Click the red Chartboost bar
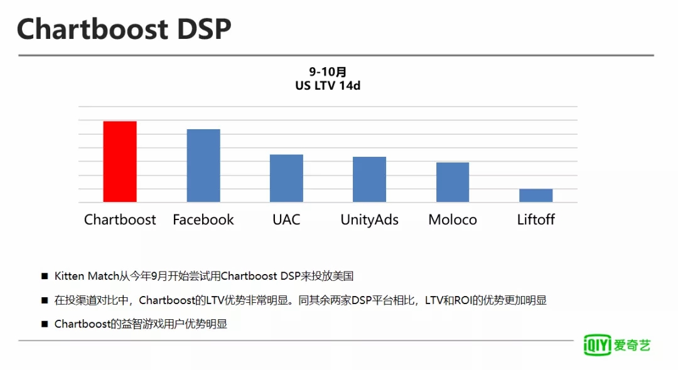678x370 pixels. (x=120, y=161)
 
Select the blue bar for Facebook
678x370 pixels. (x=203, y=166)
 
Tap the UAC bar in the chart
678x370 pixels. (x=286, y=178)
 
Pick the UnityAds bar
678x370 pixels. (x=369, y=179)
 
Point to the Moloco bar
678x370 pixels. (x=452, y=182)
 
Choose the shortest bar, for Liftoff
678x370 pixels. (x=535, y=196)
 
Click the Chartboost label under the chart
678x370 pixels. (x=120, y=219)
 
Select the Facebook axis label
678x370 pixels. (x=203, y=219)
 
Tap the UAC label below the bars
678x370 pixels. (x=286, y=219)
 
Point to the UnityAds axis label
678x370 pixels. (x=369, y=220)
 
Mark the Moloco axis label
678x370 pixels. (x=453, y=219)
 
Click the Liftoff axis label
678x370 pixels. (x=535, y=219)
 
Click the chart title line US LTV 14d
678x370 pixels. (x=328, y=85)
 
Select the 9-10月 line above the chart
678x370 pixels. (x=328, y=71)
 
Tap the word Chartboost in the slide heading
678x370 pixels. (x=92, y=29)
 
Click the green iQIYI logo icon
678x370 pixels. (x=597, y=344)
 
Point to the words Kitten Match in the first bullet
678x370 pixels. (x=87, y=276)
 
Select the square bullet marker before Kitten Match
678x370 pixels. (x=45, y=276)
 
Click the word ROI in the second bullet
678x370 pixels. (x=462, y=300)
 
